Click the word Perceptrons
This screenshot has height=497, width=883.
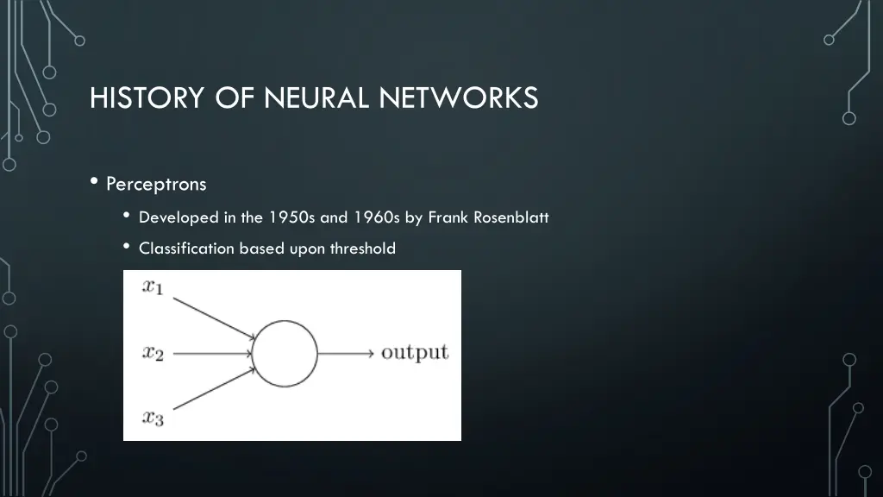[156, 184]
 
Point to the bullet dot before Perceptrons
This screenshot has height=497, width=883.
[93, 182]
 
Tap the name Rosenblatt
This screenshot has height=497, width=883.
[510, 217]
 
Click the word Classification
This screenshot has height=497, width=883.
[186, 248]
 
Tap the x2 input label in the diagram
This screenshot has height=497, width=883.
[153, 352]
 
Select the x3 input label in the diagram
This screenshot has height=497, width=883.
[153, 418]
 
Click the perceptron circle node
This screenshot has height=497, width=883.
[285, 353]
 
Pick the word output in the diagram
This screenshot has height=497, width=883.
[415, 352]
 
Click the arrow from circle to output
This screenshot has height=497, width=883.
[346, 353]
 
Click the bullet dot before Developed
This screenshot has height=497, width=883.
[127, 216]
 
